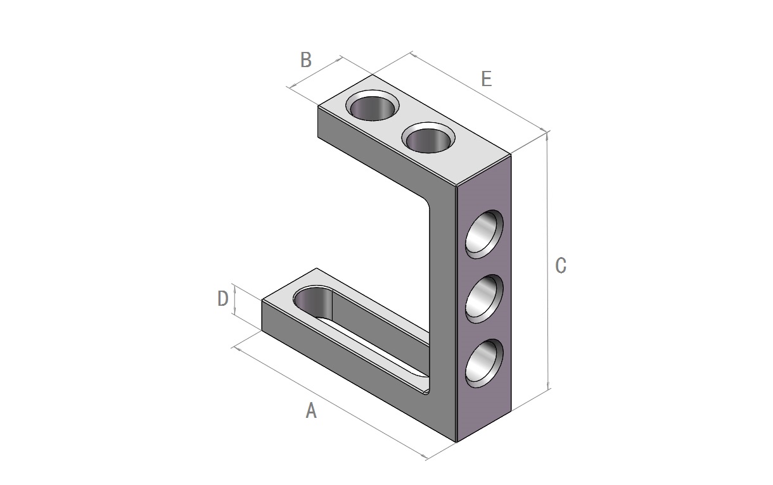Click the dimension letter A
click(x=311, y=410)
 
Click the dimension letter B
click(x=306, y=60)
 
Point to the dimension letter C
click(x=561, y=266)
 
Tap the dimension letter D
click(x=223, y=298)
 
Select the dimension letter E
click(x=487, y=79)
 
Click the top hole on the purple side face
click(x=484, y=234)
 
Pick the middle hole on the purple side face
click(x=484, y=299)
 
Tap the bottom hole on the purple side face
click(x=484, y=363)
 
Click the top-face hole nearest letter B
click(x=373, y=105)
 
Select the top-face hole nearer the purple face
click(x=428, y=137)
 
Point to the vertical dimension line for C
click(x=547, y=261)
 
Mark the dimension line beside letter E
click(x=479, y=92)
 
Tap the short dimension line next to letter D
click(x=234, y=300)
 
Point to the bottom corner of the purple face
click(x=457, y=442)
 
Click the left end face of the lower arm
click(x=262, y=315)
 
